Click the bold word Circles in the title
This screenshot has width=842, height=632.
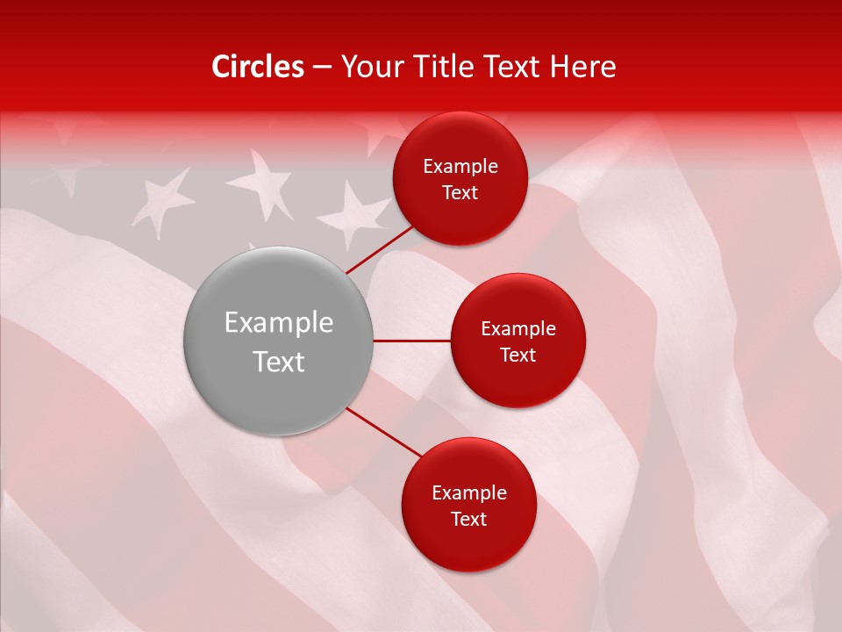258,67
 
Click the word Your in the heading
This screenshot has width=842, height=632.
368,67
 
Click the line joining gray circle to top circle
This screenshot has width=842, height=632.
379,248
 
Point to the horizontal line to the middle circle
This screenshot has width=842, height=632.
411,341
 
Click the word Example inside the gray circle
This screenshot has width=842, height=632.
278,323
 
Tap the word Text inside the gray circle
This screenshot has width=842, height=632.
278,362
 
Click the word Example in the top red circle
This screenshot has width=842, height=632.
460,167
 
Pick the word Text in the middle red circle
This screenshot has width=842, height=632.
517,355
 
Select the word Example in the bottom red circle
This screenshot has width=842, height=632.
469,493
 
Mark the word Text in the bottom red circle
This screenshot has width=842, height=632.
468,519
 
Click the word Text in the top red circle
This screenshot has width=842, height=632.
460,192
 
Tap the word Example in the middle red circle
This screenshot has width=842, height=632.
518,329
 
